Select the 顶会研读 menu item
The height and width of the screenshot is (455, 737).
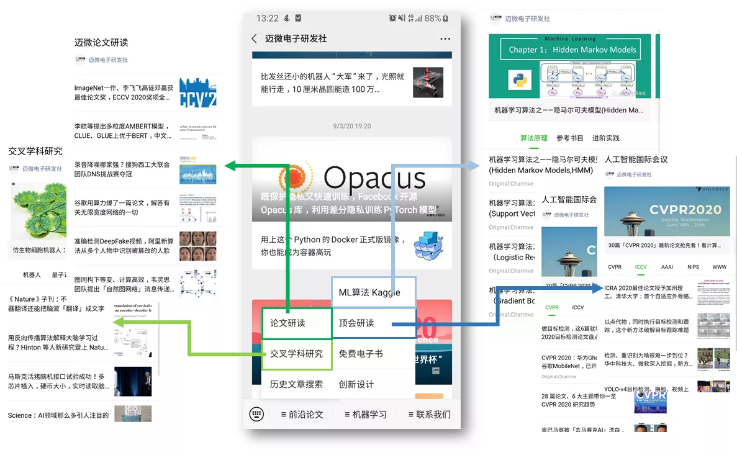point(356,323)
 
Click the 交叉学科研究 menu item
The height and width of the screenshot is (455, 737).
point(296,354)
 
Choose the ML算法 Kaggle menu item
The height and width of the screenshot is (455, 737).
point(369,292)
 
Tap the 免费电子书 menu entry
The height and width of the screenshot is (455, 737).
point(361,354)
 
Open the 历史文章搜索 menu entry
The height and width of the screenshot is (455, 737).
point(296,384)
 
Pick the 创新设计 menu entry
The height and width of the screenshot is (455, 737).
point(356,384)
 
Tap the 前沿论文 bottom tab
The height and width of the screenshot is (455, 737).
point(302,414)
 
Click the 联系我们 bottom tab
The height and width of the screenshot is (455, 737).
point(430,414)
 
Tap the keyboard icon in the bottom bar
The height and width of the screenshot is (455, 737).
point(256,414)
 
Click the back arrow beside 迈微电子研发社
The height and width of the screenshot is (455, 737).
point(254,38)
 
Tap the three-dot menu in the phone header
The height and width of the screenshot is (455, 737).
point(445,38)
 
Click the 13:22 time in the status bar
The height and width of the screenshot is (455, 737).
point(267,18)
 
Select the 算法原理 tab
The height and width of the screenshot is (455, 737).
point(534,138)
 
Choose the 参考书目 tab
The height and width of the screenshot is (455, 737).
point(570,138)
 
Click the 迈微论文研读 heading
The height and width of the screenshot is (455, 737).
point(101,42)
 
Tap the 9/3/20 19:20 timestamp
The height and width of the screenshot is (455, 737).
point(351,126)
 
